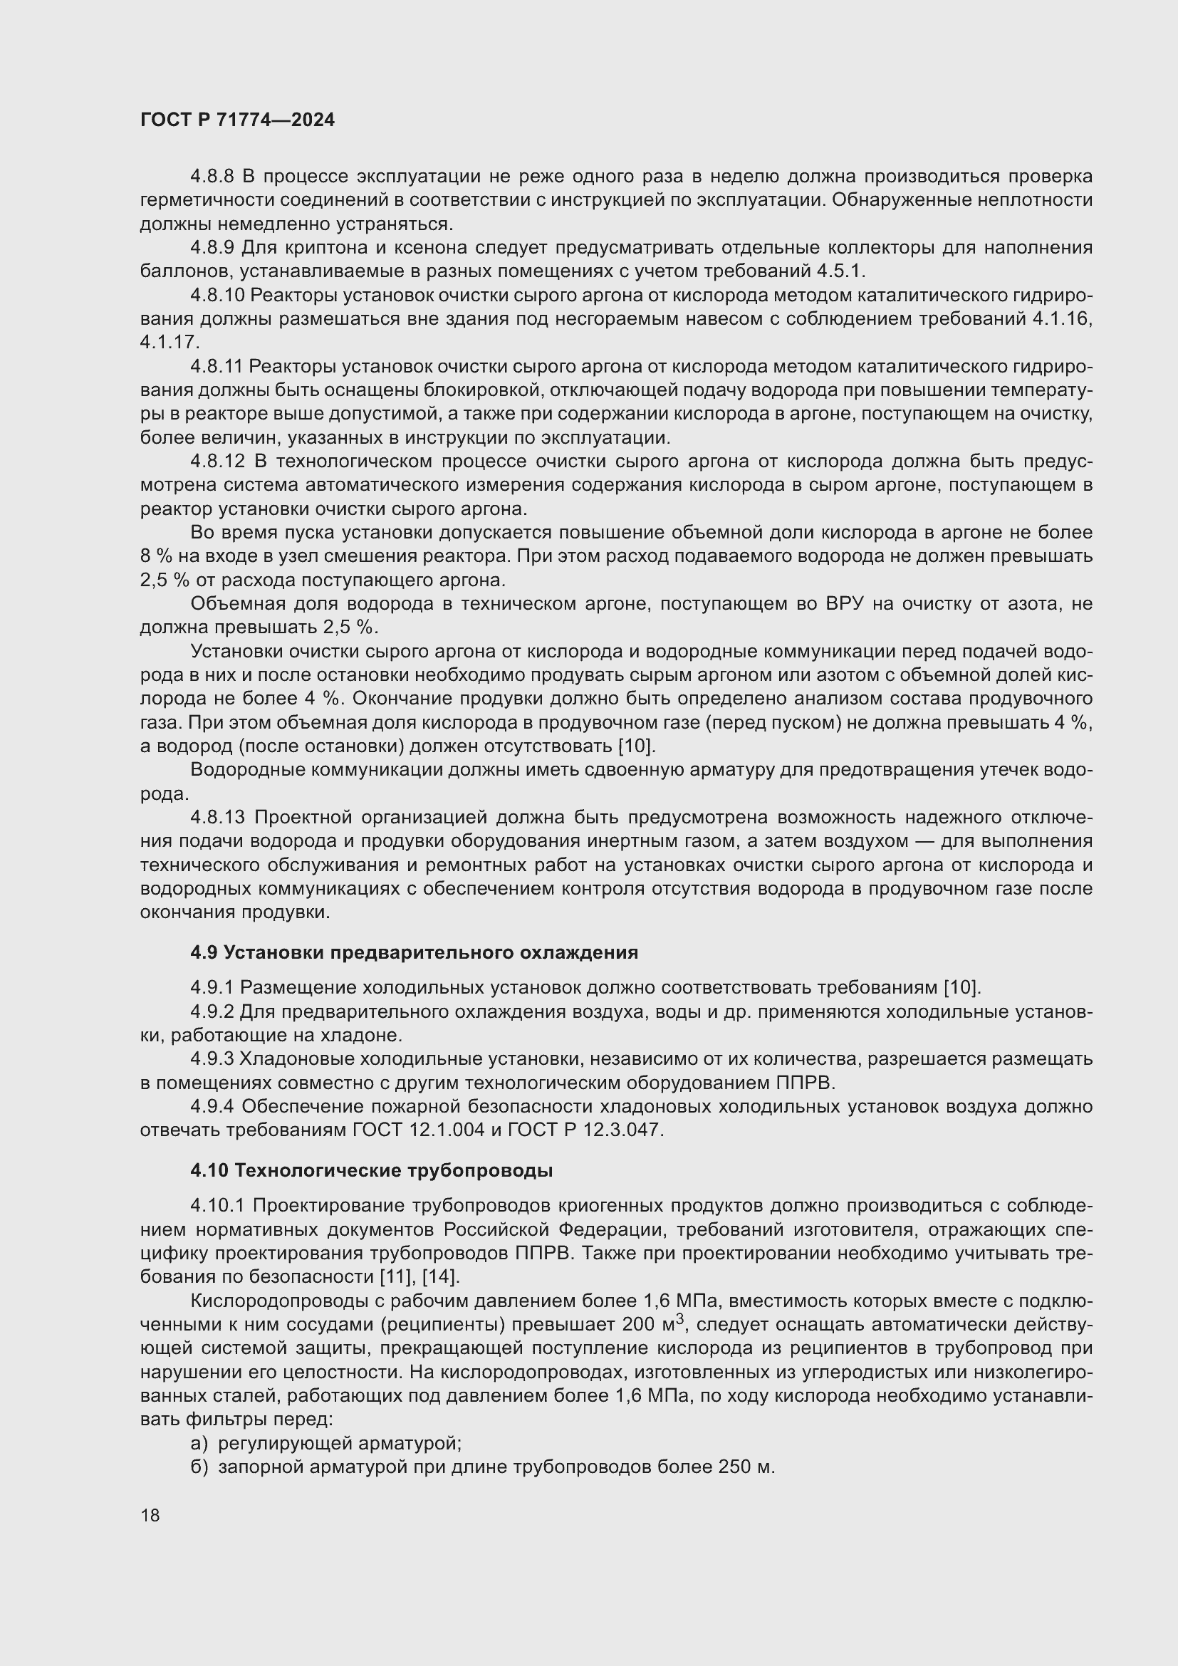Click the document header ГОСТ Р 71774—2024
click(237, 120)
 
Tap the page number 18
click(150, 1515)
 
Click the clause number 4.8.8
click(212, 177)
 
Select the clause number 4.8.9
click(212, 248)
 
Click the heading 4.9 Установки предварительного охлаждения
click(415, 952)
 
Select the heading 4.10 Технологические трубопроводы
click(371, 1170)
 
